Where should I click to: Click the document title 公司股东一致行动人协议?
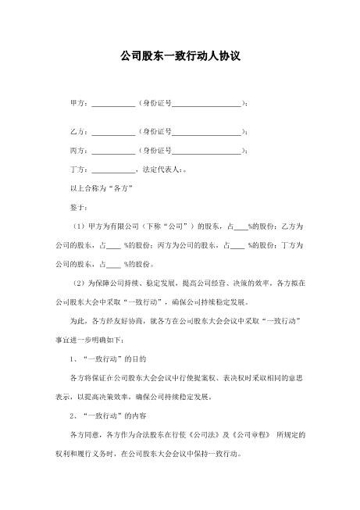(180, 57)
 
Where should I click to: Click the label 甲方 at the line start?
(77, 103)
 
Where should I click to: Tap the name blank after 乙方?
(113, 131)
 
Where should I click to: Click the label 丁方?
(77, 169)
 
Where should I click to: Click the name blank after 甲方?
(113, 103)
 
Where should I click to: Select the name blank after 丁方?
(113, 169)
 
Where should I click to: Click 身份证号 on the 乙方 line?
(156, 131)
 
